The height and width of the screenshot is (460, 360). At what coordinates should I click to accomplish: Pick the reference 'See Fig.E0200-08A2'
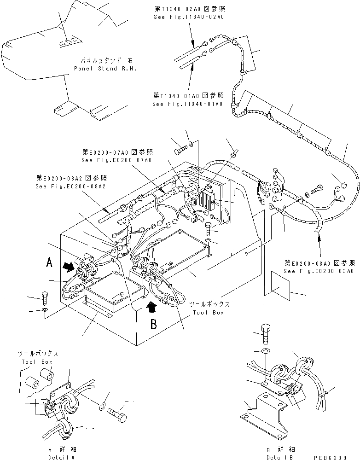pos(70,186)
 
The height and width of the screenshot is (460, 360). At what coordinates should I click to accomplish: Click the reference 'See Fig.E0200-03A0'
pos(319,271)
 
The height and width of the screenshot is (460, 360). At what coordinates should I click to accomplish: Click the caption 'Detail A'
pos(62,457)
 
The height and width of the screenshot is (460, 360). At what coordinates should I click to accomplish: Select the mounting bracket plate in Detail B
pos(263,417)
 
